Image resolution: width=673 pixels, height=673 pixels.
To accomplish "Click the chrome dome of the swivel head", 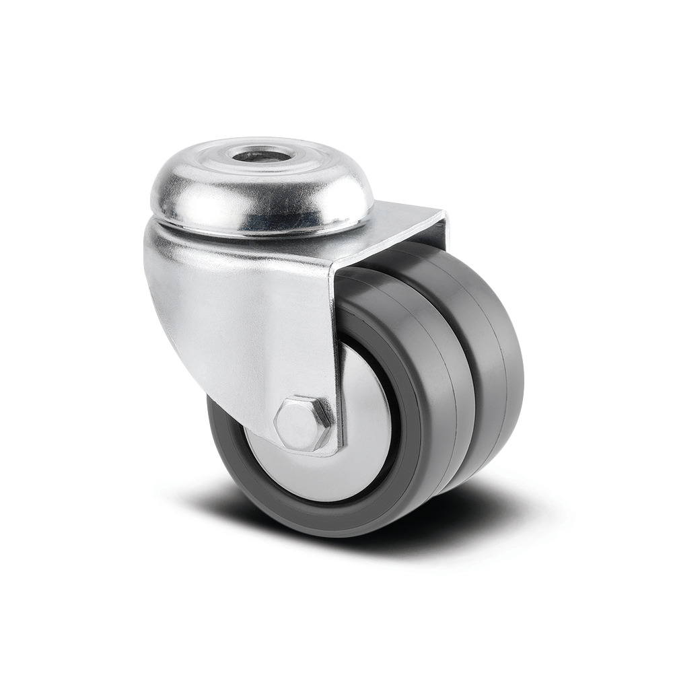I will [202, 195].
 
